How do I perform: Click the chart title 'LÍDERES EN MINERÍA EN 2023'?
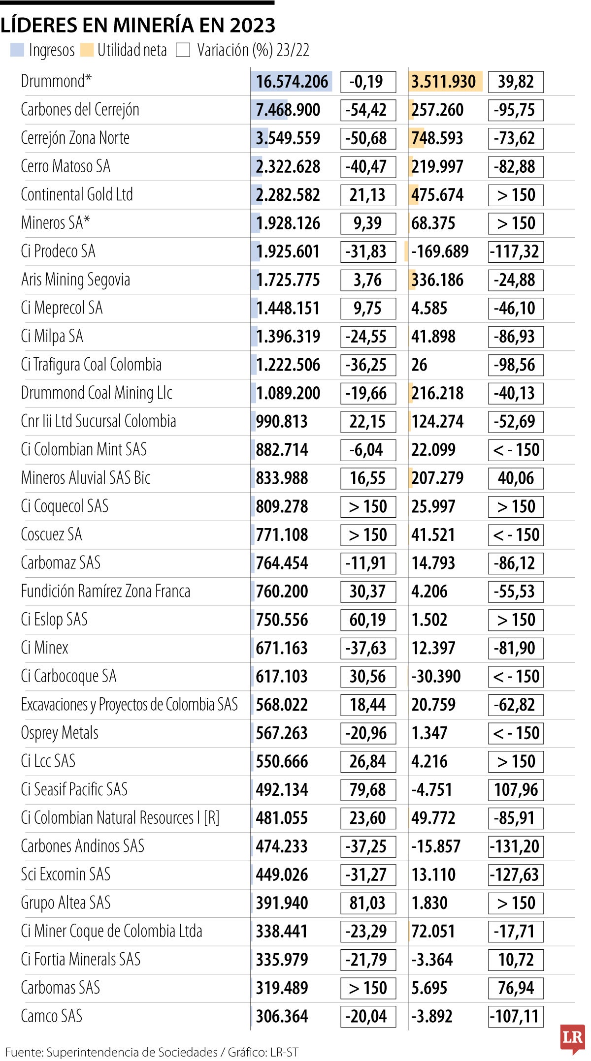click(138, 25)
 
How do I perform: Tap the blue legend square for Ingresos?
click(17, 50)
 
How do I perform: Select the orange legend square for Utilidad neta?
click(87, 50)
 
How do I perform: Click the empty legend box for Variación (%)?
click(183, 50)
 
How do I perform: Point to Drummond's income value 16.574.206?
click(292, 82)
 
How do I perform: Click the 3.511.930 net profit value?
click(443, 82)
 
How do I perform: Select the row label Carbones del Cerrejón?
click(80, 110)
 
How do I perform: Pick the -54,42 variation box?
click(367, 110)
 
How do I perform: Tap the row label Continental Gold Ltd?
click(77, 195)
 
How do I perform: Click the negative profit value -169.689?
click(439, 251)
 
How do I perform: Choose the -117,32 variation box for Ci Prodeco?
click(515, 251)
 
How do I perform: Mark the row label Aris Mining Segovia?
click(75, 280)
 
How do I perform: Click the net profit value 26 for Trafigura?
click(419, 365)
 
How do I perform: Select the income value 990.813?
click(282, 421)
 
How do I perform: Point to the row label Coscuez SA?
click(51, 534)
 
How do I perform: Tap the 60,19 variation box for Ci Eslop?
click(367, 620)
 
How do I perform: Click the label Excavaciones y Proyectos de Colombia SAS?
click(129, 704)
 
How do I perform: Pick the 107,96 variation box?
click(515, 789)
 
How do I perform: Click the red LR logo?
click(572, 1037)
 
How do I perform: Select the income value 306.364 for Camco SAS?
click(282, 1016)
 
